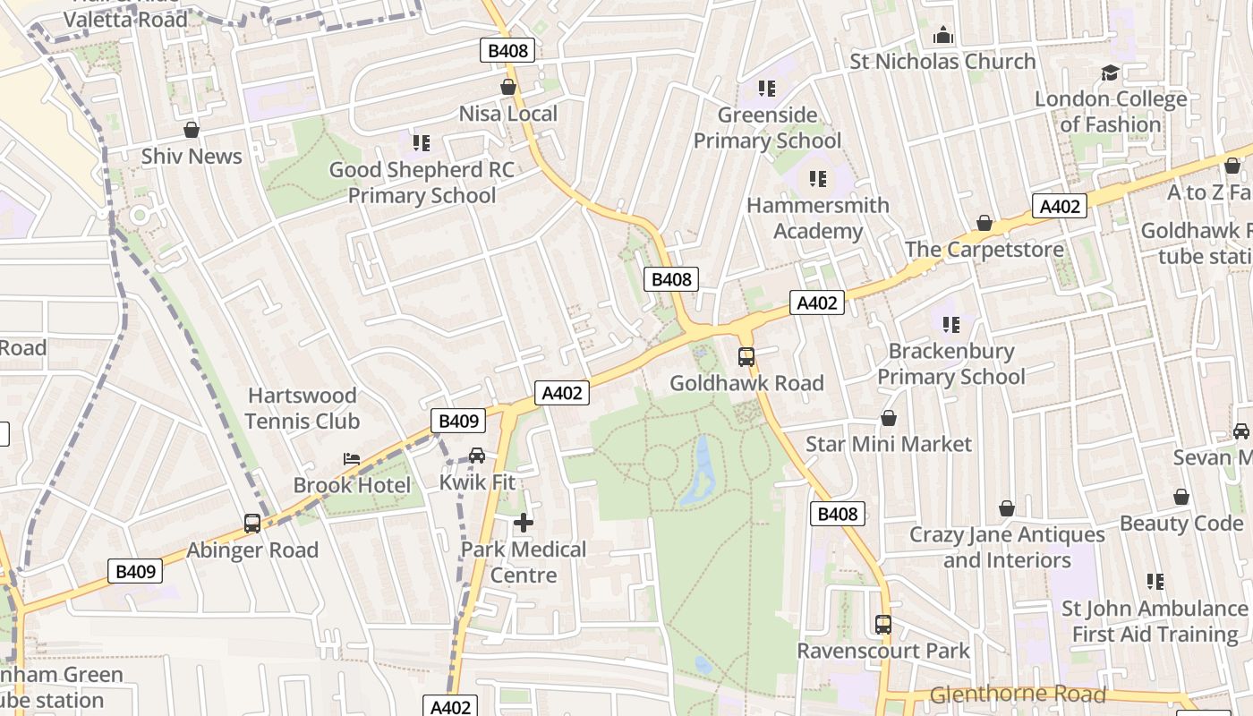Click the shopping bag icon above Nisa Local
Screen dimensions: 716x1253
508,87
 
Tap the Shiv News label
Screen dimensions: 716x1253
192,156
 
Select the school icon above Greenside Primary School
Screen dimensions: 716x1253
767,88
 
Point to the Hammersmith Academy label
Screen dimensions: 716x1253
818,218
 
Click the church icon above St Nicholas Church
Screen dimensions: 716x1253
942,36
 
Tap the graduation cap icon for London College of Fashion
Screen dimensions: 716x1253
1111,72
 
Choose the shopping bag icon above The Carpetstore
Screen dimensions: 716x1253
984,223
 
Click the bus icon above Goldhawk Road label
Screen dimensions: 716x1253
746,356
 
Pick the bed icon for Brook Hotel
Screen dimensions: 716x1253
352,459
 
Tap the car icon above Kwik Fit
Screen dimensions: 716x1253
477,456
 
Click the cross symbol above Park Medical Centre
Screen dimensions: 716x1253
524,522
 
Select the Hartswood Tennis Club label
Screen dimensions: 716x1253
303,408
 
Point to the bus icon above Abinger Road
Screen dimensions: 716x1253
252,524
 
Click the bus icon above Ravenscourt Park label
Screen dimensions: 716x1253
883,624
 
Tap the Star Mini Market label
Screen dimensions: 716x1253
889,444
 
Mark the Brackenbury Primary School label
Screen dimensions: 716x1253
951,364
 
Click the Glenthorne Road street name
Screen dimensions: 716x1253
1018,695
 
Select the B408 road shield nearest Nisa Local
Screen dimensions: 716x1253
508,51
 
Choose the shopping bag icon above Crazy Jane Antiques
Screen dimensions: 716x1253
1007,508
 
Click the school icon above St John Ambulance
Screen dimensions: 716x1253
1155,582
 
